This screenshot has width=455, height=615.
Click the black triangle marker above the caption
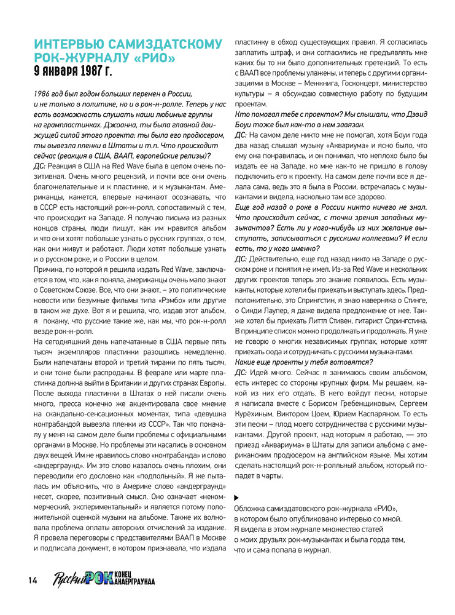238,497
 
